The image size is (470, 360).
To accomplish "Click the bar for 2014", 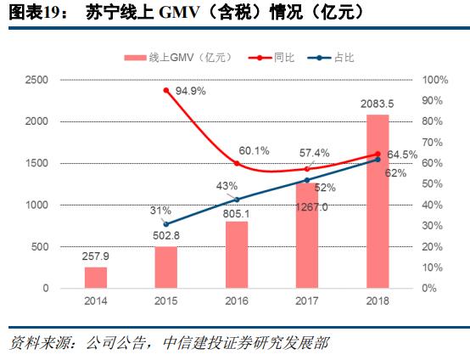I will pyautogui.click(x=96, y=278).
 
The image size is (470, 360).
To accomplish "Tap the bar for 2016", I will pyautogui.click(x=237, y=255).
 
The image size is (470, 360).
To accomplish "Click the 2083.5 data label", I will pyautogui.click(x=378, y=104).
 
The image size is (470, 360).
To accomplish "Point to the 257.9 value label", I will pyautogui.click(x=96, y=255).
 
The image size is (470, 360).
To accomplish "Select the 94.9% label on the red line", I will pyautogui.click(x=190, y=90).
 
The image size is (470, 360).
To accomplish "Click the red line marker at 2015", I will pyautogui.click(x=166, y=91).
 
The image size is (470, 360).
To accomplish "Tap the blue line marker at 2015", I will pyautogui.click(x=166, y=224).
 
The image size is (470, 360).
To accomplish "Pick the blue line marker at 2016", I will pyautogui.click(x=237, y=200).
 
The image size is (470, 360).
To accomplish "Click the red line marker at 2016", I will pyautogui.click(x=237, y=163).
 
